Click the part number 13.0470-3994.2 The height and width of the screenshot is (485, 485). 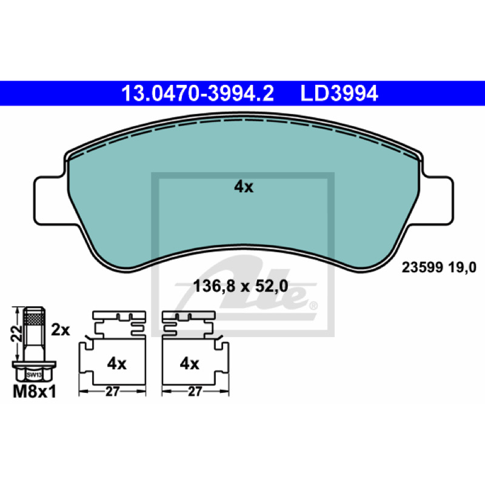click(x=198, y=93)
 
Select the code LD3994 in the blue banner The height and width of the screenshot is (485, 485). click(x=339, y=93)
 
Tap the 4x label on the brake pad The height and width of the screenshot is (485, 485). click(x=244, y=187)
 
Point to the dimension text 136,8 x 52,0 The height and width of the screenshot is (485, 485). click(x=241, y=286)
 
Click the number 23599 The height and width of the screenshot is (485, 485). click(x=423, y=267)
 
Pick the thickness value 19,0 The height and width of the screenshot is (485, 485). click(x=462, y=267)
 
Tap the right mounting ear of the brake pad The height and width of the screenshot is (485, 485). click(x=436, y=201)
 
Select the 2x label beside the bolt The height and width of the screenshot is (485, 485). click(x=60, y=330)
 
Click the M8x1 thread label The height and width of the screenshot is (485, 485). click(x=35, y=392)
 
